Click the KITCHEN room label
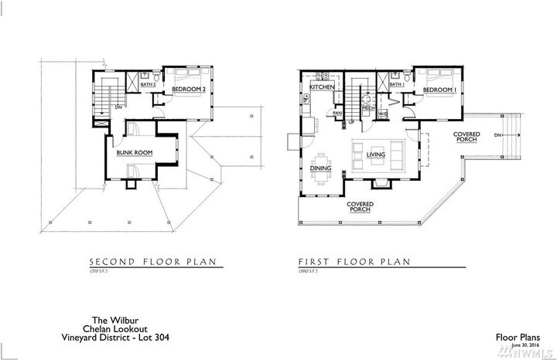coord(322,89)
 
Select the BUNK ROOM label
coord(134,153)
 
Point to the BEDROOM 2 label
coord(187,90)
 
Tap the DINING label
coord(321,167)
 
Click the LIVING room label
coord(376,155)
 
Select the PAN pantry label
coord(337,114)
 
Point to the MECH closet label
coord(369,109)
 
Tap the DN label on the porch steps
coord(497,135)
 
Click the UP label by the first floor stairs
coord(350,122)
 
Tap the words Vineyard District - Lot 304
coord(116,337)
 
